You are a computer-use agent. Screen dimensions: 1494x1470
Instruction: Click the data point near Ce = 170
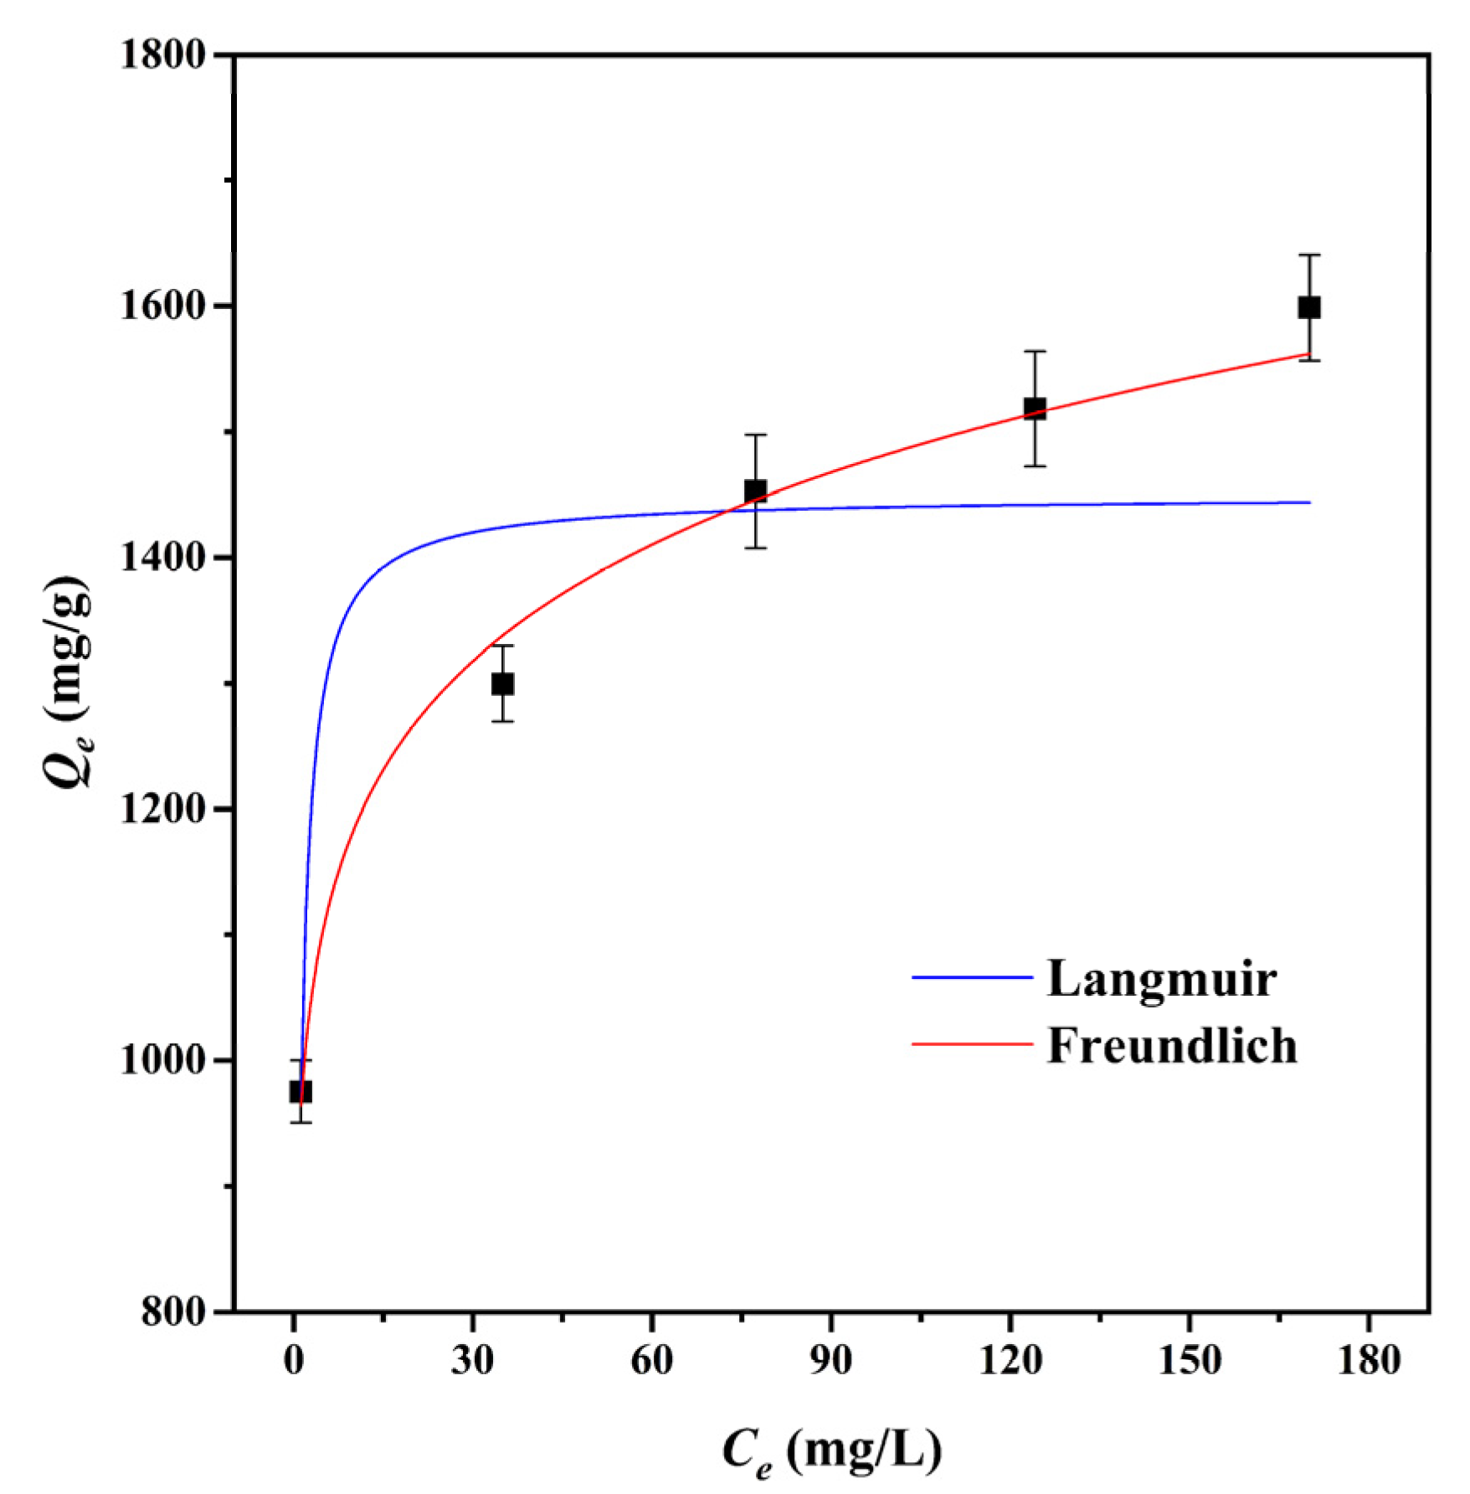pyautogui.click(x=1309, y=307)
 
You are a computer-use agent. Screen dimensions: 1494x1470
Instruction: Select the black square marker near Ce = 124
pyautogui.click(x=1035, y=409)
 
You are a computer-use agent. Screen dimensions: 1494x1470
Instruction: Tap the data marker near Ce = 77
pyautogui.click(x=755, y=491)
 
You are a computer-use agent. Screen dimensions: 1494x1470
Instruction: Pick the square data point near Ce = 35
pyautogui.click(x=502, y=684)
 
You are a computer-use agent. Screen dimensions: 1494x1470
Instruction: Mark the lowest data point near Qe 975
pyautogui.click(x=301, y=1091)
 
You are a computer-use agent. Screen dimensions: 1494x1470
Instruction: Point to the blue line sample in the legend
pyautogui.click(x=971, y=977)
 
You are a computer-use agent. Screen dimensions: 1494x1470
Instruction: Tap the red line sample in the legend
pyautogui.click(x=971, y=1044)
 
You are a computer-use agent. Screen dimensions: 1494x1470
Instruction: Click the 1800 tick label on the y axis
pyautogui.click(x=162, y=55)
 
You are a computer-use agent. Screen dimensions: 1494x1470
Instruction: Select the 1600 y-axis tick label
pyautogui.click(x=162, y=307)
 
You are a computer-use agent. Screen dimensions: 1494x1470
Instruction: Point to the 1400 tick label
pyautogui.click(x=162, y=558)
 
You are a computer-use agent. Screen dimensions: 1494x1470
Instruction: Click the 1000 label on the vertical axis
pyautogui.click(x=162, y=1060)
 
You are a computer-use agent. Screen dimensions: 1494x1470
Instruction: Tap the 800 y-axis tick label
pyautogui.click(x=173, y=1311)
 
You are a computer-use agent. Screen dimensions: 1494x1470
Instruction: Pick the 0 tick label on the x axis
pyautogui.click(x=294, y=1361)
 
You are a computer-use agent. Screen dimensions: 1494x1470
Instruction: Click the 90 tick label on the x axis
pyautogui.click(x=830, y=1361)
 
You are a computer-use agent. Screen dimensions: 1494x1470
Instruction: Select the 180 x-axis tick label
pyautogui.click(x=1368, y=1361)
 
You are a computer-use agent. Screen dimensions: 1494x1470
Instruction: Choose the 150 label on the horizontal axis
pyautogui.click(x=1189, y=1361)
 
